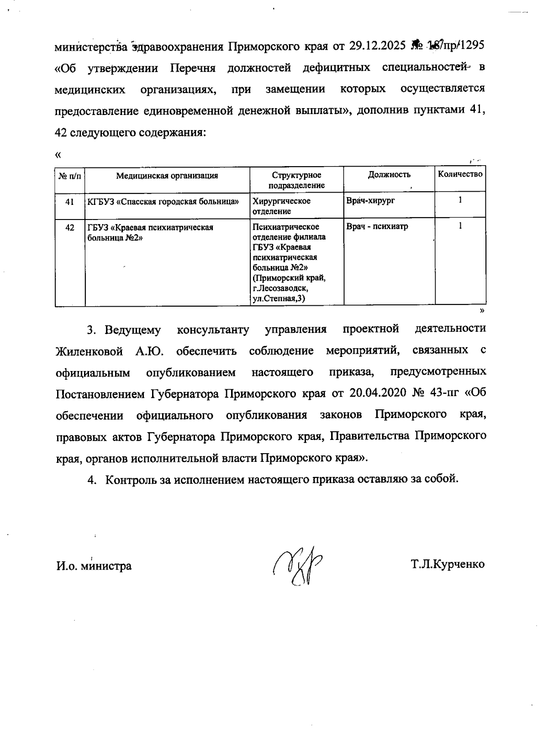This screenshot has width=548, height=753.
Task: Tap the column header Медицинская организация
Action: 167,175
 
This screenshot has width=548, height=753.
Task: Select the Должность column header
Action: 389,174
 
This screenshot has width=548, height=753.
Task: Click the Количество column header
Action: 460,174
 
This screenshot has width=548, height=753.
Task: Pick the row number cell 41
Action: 70,201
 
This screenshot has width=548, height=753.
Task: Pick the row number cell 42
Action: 70,227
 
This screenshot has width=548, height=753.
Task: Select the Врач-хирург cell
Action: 370,200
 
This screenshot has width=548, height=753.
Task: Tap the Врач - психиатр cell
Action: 377,226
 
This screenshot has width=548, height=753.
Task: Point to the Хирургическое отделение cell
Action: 282,206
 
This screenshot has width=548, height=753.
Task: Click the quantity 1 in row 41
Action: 460,200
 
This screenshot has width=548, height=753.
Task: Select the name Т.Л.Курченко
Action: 448,565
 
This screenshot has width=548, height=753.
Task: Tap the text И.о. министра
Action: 94,566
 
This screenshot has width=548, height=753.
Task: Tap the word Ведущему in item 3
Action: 133,330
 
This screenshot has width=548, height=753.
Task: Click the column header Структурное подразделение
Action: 296,180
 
